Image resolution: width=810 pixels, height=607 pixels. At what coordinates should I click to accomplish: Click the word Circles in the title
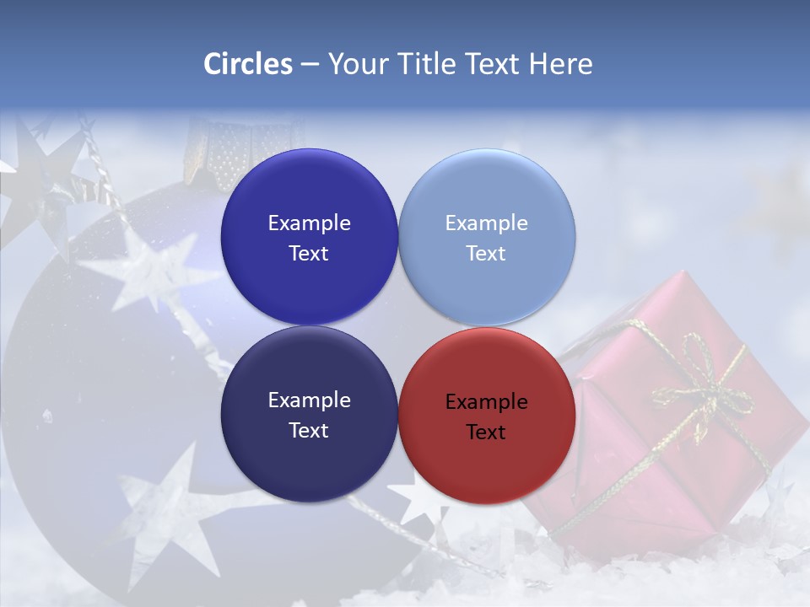(247, 64)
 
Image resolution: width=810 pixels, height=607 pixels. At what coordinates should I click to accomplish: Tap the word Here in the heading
(560, 64)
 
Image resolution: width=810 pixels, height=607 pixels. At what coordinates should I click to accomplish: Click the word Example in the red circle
(486, 402)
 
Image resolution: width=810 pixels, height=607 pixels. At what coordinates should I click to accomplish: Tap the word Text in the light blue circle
(486, 254)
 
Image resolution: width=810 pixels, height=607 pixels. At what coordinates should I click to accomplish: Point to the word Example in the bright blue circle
(309, 223)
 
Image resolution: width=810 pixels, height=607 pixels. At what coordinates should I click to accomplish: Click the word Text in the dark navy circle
(309, 431)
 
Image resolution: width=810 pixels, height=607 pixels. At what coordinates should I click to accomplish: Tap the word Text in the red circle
(486, 432)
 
